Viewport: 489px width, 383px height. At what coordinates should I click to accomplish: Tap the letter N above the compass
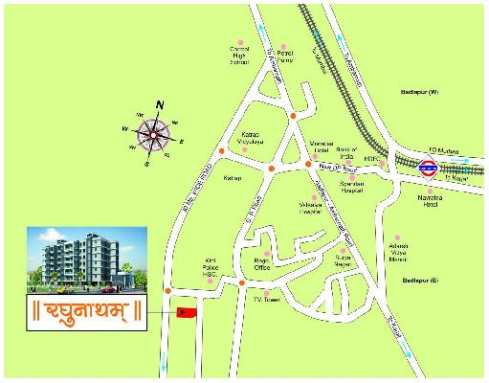coord(161,104)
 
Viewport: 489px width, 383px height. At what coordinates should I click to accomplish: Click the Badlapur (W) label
coord(419,91)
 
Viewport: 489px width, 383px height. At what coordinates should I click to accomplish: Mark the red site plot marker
coord(185,311)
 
